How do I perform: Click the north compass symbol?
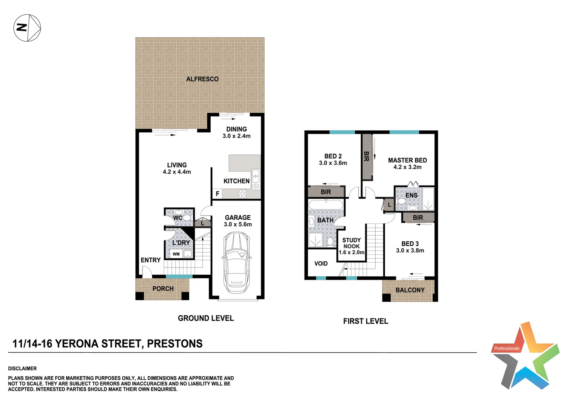coord(27,28)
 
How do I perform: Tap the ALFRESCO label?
coord(202,79)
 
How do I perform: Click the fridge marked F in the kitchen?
coord(217,194)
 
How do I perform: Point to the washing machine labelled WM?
coord(176,254)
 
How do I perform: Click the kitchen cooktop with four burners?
coord(242,193)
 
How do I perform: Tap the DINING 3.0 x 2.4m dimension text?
coord(236,136)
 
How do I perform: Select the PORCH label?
coord(163,289)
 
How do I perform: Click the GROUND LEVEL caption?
coord(206,318)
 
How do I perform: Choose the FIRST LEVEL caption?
coord(366,321)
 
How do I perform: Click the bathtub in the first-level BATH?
coord(326,205)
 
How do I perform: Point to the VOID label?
coord(321,264)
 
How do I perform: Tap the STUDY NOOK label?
coord(352,243)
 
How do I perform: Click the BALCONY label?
coord(410,290)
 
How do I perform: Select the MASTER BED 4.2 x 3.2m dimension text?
coord(407,167)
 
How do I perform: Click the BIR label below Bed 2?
coord(326,192)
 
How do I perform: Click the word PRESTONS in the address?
coord(175,343)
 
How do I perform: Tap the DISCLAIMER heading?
coord(22,368)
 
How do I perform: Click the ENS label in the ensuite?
coord(411,195)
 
